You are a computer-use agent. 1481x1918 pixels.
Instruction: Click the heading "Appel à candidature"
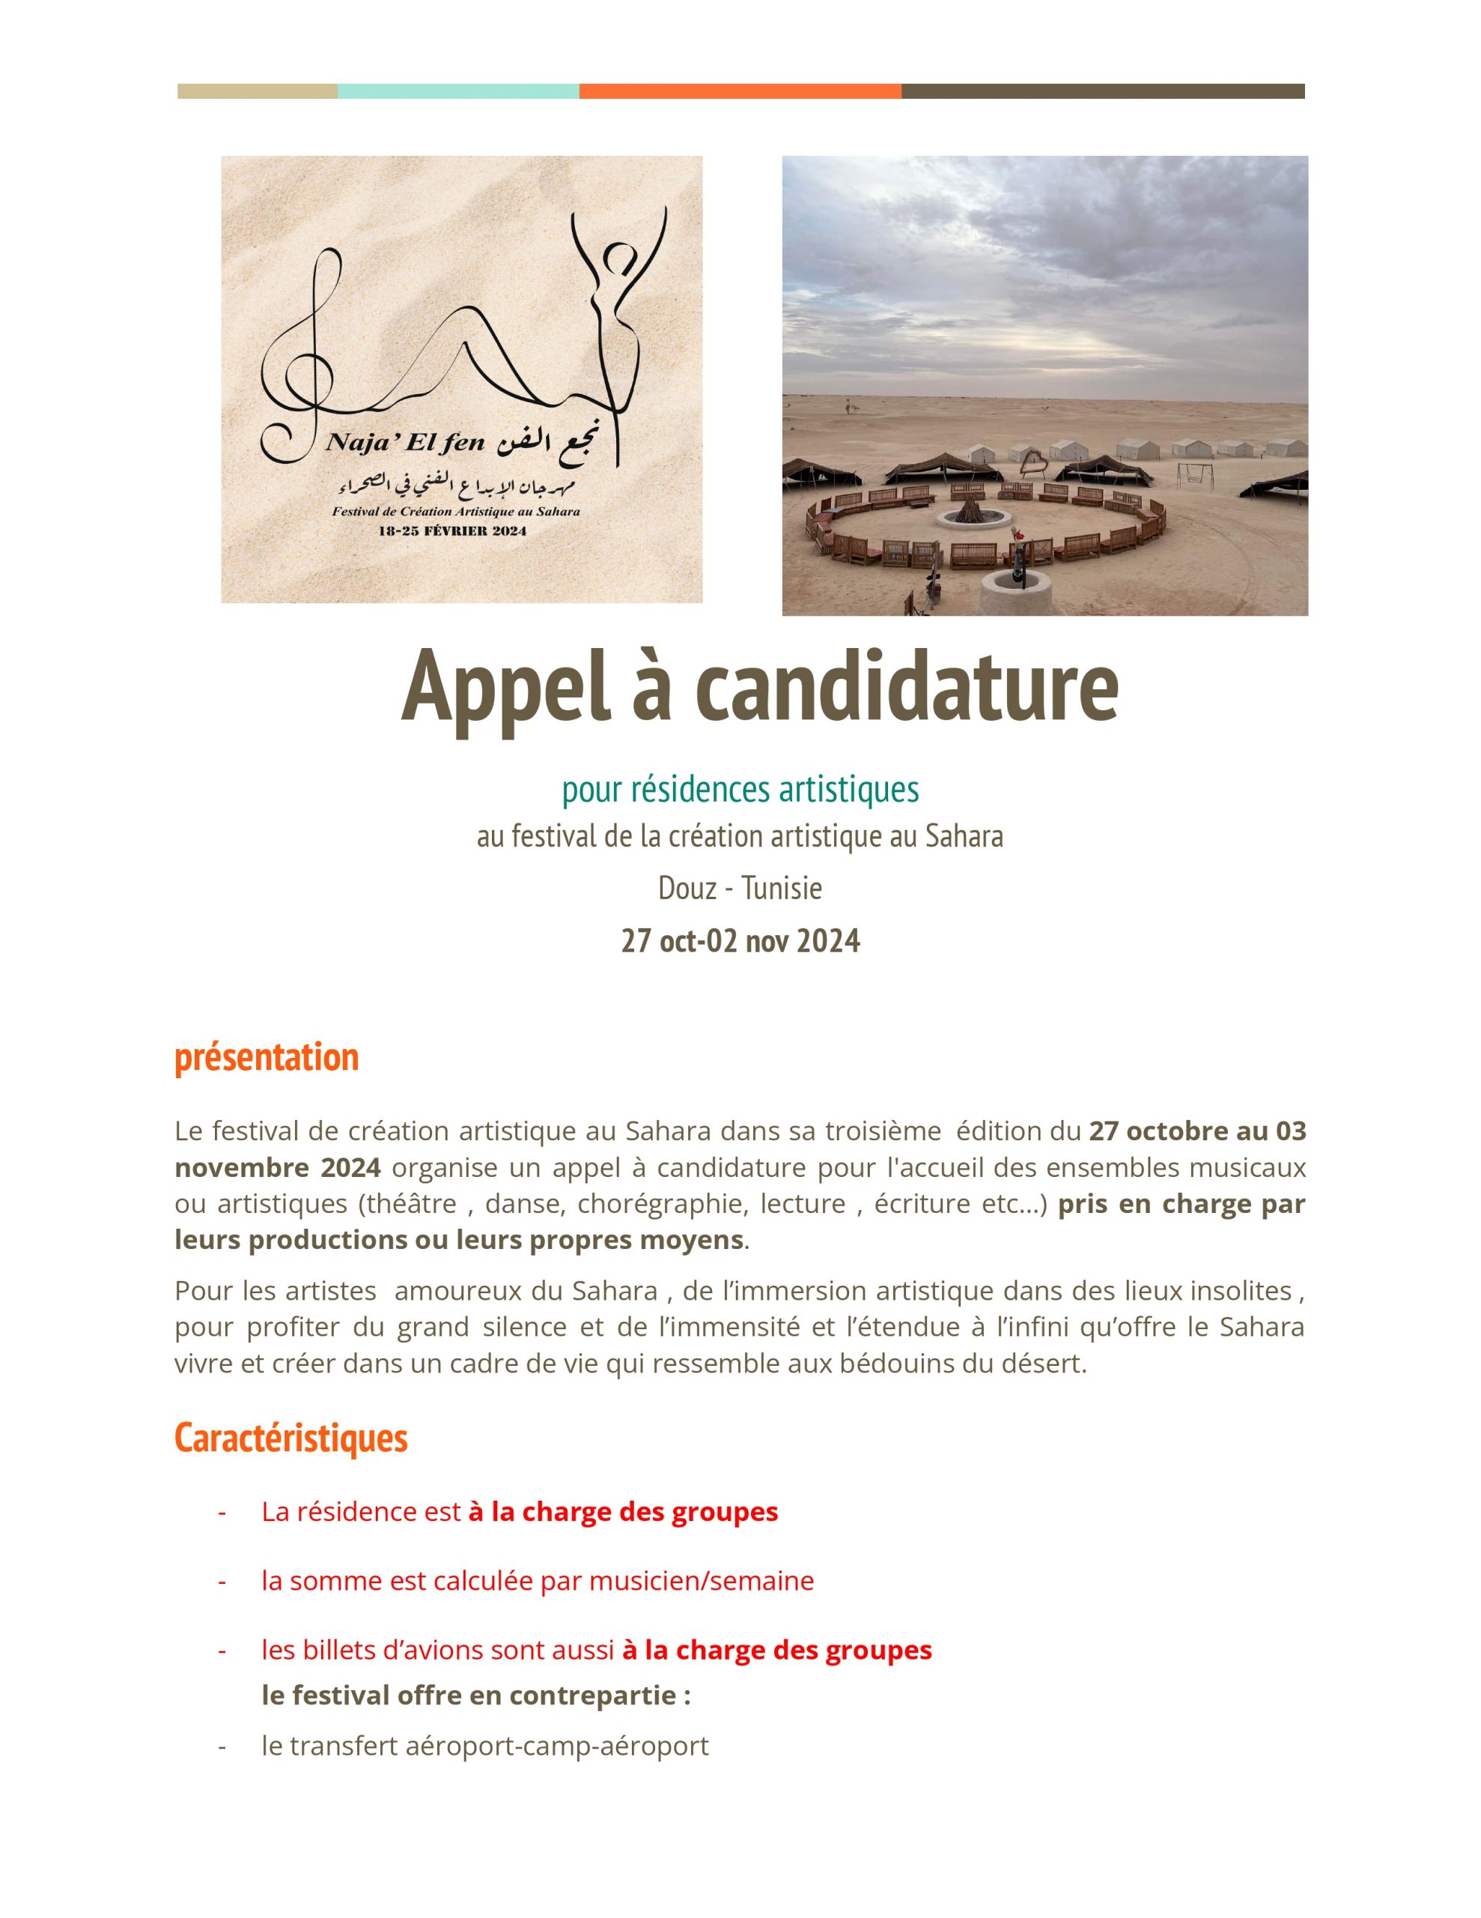759,686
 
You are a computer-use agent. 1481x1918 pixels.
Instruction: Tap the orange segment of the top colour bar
739,91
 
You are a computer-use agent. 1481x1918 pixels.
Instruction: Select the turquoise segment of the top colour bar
457,91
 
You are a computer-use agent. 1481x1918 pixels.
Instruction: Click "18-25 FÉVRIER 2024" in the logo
452,530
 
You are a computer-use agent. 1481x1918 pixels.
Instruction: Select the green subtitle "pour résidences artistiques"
740,789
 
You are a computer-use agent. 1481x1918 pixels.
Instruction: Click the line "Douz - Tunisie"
740,888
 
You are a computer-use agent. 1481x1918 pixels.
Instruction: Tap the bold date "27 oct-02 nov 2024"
740,940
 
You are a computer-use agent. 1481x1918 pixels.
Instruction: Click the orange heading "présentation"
267,1056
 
